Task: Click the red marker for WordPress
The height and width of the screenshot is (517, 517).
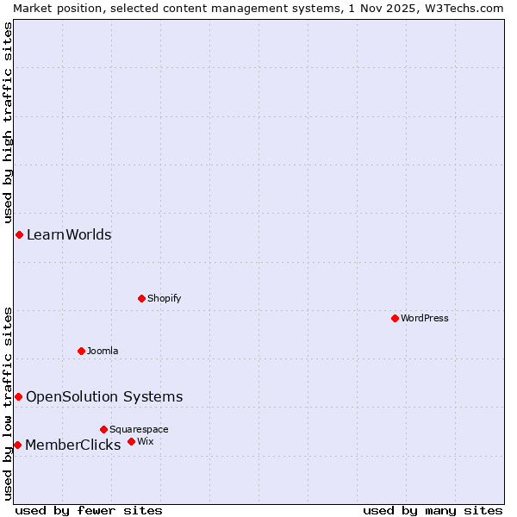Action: (395, 318)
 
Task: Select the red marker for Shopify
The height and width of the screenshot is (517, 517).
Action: (141, 298)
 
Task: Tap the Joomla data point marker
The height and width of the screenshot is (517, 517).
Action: (81, 351)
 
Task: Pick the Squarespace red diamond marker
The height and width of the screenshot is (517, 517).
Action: (103, 429)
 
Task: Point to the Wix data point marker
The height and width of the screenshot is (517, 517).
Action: (131, 441)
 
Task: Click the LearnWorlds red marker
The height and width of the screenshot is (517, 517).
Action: (19, 234)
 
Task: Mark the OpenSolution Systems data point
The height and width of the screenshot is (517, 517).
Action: (18, 396)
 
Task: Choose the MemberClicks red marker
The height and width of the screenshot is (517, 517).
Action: (17, 445)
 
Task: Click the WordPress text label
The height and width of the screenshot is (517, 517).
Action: (425, 318)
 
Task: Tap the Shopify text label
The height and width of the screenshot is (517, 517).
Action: (165, 298)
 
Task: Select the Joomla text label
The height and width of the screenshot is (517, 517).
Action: (103, 351)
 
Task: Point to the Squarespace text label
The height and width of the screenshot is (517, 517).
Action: (139, 429)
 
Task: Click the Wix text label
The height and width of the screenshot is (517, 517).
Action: (145, 441)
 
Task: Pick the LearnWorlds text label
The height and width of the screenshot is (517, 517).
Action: (69, 234)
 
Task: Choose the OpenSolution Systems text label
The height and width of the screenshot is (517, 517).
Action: (104, 396)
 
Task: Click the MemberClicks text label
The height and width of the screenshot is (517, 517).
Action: (73, 445)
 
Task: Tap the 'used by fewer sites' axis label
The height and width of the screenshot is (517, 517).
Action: (89, 510)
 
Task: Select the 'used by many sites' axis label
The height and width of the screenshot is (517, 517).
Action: (433, 510)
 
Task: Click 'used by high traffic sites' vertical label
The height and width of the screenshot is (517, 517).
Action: (8, 122)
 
